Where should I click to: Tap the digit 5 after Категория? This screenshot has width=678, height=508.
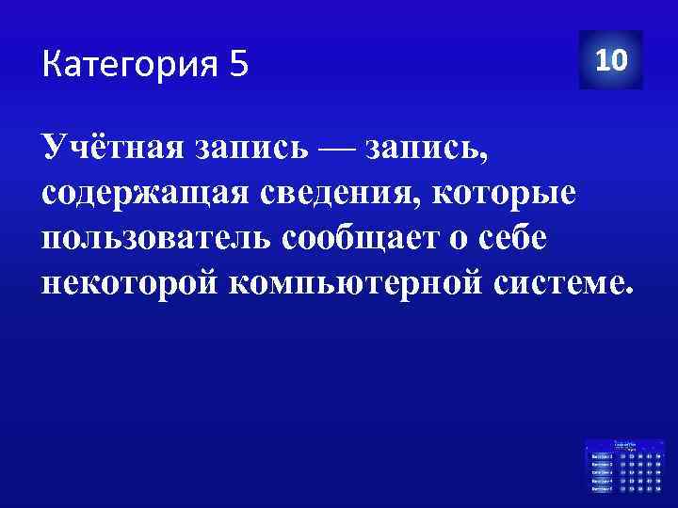click(237, 66)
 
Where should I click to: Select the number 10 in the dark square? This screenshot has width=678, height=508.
click(611, 60)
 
